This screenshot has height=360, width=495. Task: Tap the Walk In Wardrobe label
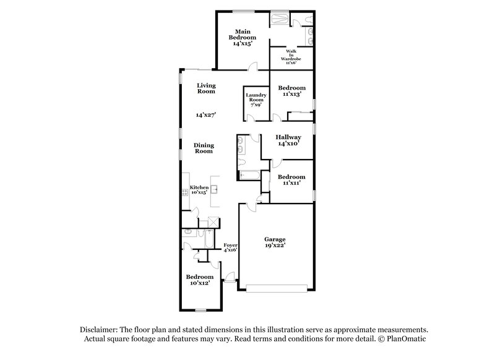pos(290,56)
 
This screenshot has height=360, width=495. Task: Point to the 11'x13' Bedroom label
pos(291,92)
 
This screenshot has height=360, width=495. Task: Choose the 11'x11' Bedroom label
pos(291,180)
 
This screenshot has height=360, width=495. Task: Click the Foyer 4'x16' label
pos(230,247)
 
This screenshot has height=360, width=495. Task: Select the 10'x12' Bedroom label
pos(200,280)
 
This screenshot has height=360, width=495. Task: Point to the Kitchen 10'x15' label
pos(199,190)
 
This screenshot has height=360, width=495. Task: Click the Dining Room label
pos(204,148)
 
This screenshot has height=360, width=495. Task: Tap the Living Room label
pos(206,88)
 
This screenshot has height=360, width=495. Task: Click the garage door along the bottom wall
pos(276,286)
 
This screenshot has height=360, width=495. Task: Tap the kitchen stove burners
pos(184,193)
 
